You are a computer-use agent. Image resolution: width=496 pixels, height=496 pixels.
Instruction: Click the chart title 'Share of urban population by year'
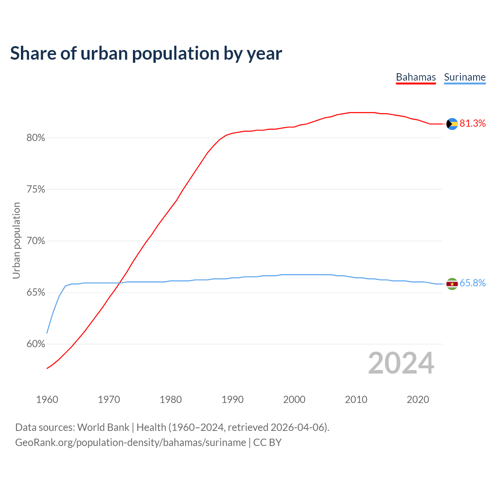tap(146, 53)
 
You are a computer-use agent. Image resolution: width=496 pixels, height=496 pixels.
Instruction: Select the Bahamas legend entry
tap(416, 77)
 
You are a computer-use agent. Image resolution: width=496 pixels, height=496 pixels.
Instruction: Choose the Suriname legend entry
tap(465, 77)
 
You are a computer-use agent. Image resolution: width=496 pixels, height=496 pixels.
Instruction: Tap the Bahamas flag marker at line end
tap(452, 124)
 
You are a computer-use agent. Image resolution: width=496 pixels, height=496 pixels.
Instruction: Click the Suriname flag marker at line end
tap(452, 284)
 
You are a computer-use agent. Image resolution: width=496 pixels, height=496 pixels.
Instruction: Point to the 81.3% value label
tap(472, 124)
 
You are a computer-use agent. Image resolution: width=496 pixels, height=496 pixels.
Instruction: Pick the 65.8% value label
tap(472, 283)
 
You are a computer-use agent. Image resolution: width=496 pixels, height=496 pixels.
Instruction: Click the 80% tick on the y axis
tap(36, 138)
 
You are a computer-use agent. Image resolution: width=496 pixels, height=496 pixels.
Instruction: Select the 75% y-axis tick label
tap(36, 189)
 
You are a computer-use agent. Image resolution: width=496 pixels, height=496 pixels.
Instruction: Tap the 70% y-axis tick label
tap(36, 241)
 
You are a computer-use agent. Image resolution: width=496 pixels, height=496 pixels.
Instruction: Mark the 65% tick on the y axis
tap(36, 293)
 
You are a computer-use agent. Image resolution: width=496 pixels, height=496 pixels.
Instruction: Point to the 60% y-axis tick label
tap(36, 344)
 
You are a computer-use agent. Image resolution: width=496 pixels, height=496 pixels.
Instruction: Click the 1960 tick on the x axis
tap(47, 400)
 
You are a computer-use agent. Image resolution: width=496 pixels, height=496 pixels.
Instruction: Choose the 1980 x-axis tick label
tap(171, 400)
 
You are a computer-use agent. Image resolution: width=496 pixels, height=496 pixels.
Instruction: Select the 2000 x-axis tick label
tap(294, 400)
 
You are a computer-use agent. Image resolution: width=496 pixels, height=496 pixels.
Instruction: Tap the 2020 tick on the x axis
tap(418, 400)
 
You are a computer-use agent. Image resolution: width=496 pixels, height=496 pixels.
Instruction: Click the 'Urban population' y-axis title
tap(16, 241)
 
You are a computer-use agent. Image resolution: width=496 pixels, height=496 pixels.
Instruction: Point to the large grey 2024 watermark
tap(401, 363)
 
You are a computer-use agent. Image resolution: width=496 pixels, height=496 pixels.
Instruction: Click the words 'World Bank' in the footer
tap(103, 427)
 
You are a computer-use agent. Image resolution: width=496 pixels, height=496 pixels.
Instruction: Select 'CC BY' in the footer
tap(267, 443)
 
